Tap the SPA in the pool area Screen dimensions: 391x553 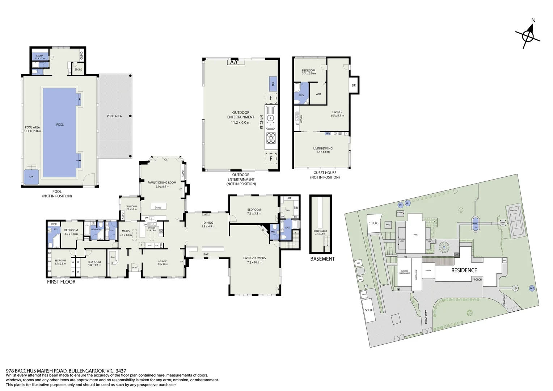pos(31,177)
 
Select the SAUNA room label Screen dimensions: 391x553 pos(39,56)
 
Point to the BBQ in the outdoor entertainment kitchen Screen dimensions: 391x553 pos(273,84)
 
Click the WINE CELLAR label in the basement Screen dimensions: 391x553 pos(320,231)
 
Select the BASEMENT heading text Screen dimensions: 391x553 pos(322,259)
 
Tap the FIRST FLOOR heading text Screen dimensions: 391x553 pos(61,282)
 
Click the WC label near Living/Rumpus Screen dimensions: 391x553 pos(273,232)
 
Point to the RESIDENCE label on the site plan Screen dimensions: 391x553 pos(464,270)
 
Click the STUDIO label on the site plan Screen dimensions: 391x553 pos(373,223)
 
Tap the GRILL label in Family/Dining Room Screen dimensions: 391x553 pos(159,207)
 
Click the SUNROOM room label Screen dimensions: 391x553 pos(131,206)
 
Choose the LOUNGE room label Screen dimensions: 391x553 pos(162,261)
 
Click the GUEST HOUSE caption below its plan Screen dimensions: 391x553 pos(325,173)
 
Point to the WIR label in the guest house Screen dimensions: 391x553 pos(318,94)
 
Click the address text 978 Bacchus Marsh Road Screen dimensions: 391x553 pos(66,371)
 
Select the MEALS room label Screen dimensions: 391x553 pos(126,231)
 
